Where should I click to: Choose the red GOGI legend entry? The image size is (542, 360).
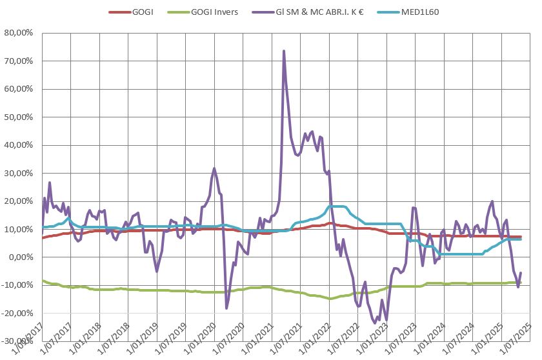140,12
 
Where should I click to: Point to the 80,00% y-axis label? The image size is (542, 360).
19,33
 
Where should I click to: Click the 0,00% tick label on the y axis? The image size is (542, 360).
21,257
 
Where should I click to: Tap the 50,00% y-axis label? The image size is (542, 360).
19,117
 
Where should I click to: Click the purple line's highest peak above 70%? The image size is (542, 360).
284,50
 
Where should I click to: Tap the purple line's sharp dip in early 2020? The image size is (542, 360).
226,308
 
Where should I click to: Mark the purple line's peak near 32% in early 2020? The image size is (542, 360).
214,168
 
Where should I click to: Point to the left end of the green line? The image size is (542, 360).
43,280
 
